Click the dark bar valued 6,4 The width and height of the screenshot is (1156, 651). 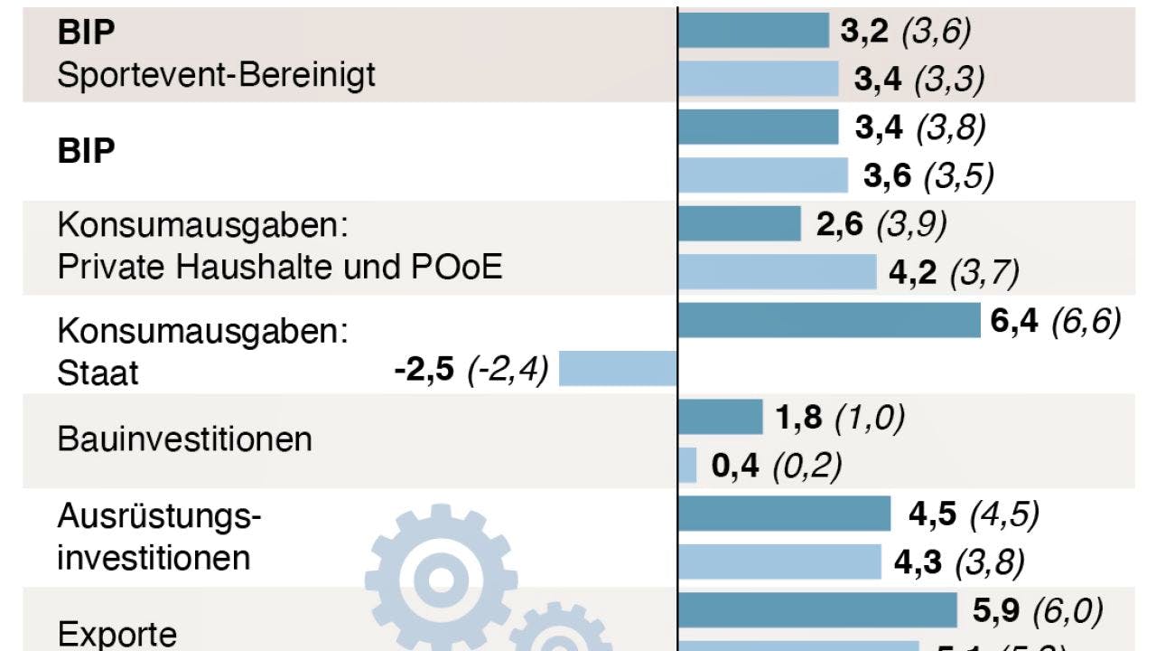click(x=828, y=320)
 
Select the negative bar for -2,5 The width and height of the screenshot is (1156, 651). click(x=618, y=369)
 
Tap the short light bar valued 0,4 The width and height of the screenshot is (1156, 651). click(x=687, y=466)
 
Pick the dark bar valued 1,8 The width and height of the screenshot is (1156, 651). click(x=720, y=417)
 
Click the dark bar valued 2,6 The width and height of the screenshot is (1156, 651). click(x=739, y=223)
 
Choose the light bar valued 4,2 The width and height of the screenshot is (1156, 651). click(x=777, y=271)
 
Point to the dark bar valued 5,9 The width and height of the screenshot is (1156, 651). click(x=816, y=610)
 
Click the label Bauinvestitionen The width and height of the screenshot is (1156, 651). click(x=184, y=439)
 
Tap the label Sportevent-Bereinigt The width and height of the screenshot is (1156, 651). click(x=216, y=74)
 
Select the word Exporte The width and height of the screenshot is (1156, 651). click(x=117, y=633)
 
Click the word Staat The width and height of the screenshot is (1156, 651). click(x=98, y=373)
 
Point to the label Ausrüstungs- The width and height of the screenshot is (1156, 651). click(x=159, y=516)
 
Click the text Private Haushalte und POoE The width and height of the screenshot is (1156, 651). click(x=280, y=267)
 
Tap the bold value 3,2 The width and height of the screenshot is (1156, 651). click(x=865, y=32)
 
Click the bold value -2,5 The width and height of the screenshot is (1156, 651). click(x=423, y=371)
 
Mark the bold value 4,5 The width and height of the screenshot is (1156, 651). click(x=932, y=514)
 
